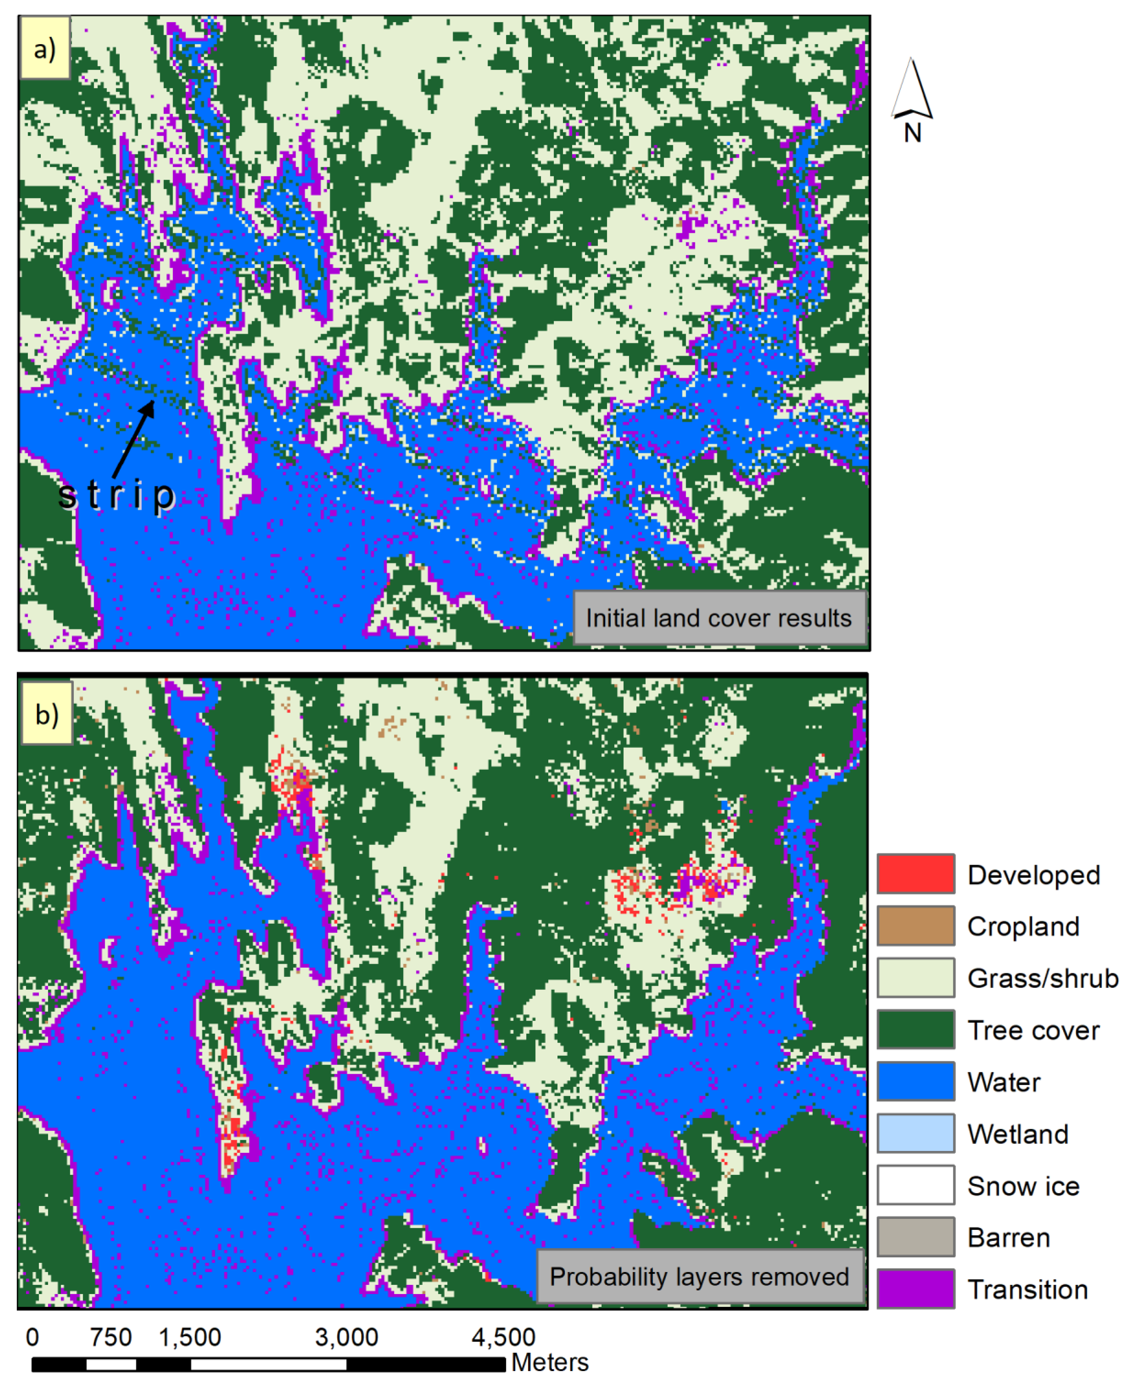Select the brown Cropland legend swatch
915,925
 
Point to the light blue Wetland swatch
915,1133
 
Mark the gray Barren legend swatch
915,1236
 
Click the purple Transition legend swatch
915,1289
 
